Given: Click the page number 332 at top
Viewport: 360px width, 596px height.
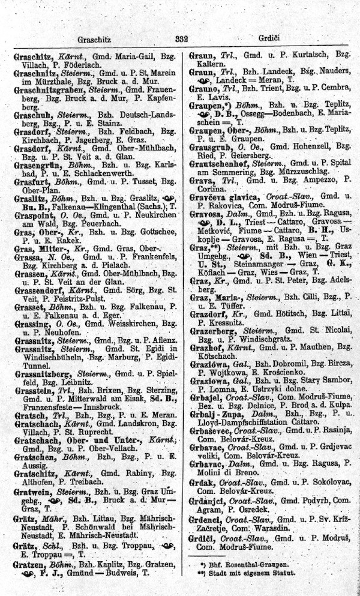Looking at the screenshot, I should [182, 39].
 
